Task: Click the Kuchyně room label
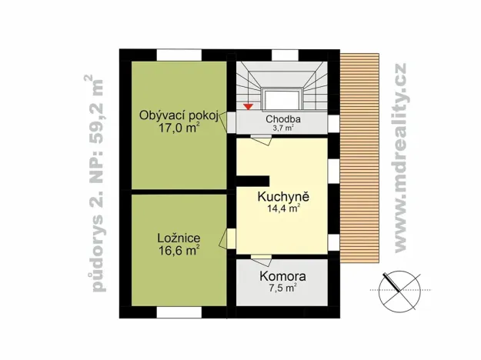pyautogui.click(x=282, y=195)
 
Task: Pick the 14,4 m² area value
pyautogui.click(x=282, y=208)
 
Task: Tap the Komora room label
pyautogui.click(x=282, y=276)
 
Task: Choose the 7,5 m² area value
pyautogui.click(x=282, y=288)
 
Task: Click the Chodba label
pyautogui.click(x=282, y=119)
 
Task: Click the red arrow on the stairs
pyautogui.click(x=248, y=105)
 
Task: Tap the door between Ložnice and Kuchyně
pyautogui.click(x=229, y=238)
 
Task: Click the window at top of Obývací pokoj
pyautogui.click(x=179, y=55)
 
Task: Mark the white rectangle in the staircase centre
pyautogui.click(x=282, y=99)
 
